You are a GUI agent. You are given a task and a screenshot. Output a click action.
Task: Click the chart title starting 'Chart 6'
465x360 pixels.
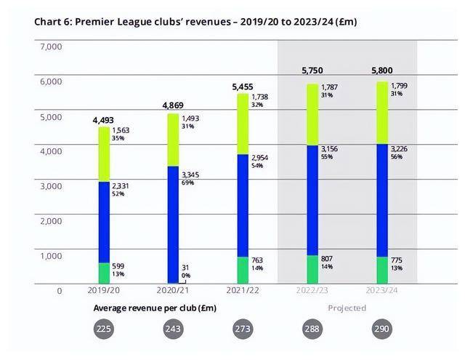coord(195,22)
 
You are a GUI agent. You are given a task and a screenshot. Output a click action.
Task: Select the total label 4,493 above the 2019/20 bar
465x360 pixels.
coord(103,120)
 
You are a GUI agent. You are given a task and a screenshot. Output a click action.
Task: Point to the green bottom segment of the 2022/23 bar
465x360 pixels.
coord(312,269)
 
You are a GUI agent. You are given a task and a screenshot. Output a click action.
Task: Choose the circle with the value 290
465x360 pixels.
coord(380,329)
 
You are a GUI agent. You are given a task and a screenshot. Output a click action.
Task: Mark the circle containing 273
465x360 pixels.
coord(243,329)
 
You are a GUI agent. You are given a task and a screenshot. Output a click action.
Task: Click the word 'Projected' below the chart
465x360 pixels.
coord(347,308)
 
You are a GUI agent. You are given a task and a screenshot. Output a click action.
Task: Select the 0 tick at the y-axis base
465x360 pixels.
coord(60,291)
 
